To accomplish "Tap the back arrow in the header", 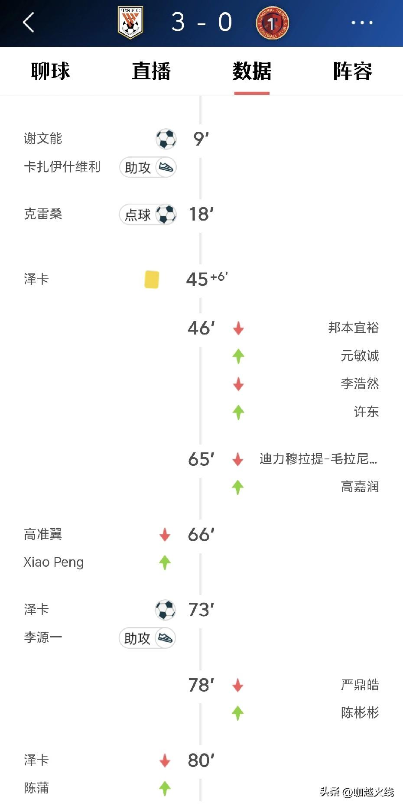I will [29, 23].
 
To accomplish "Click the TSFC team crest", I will [130, 23].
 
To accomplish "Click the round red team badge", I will [272, 23].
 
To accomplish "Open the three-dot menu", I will [362, 23].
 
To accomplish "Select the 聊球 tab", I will [50, 71].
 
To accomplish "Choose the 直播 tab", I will [151, 71].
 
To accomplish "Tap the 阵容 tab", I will [352, 71].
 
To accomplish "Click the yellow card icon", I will [152, 279].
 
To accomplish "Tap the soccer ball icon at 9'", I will [166, 139].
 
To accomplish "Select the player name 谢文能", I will [43, 139].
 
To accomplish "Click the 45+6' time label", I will [206, 279].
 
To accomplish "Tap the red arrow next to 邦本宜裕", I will [238, 328].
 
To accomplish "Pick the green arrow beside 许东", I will [238, 412].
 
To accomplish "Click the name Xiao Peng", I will [53, 562].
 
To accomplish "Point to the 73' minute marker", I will [201, 610].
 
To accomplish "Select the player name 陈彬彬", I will [360, 713].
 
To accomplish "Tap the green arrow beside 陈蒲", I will [165, 788].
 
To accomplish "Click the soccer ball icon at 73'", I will [166, 610].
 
